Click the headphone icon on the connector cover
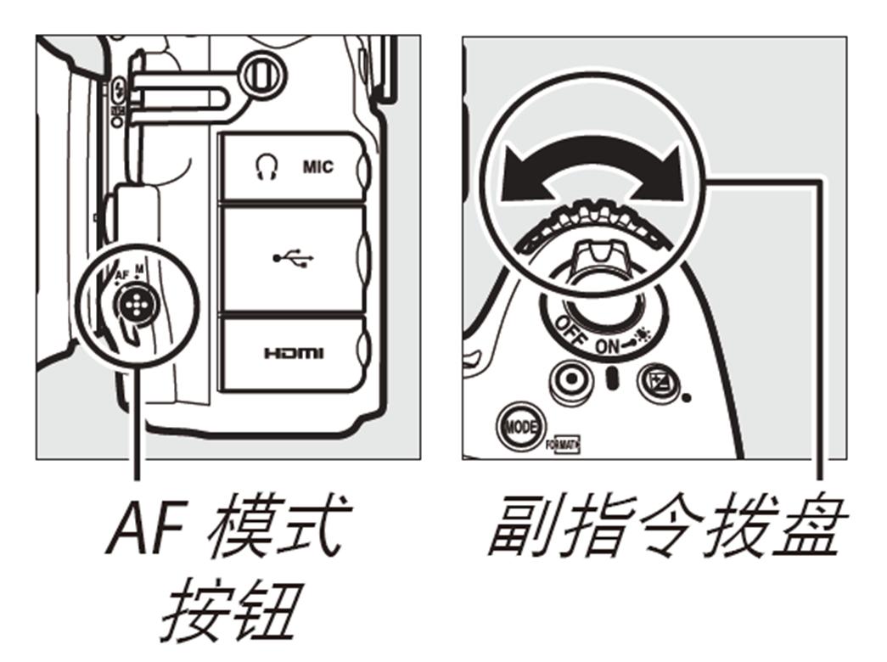(x=260, y=167)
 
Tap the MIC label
(x=318, y=167)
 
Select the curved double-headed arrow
(x=591, y=175)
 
